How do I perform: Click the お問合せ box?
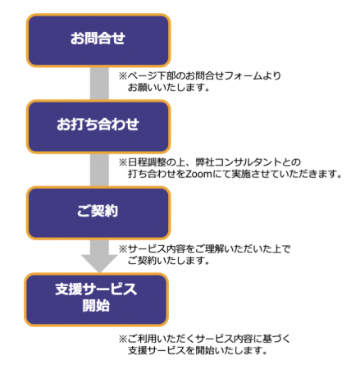98,40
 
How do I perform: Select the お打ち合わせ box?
98,126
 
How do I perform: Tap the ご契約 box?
98,213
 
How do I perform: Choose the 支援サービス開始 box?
96,299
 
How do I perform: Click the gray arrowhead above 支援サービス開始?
99,263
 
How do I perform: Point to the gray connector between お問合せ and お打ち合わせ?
99,84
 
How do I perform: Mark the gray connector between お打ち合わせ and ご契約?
99,170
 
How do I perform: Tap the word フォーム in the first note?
239,75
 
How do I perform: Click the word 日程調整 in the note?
147,162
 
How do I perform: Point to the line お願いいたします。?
169,88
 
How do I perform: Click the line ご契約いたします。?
169,261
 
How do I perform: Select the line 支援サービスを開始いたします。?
198,350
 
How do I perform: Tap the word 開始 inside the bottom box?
96,306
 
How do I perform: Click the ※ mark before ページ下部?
123,76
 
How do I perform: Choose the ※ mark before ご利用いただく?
123,339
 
